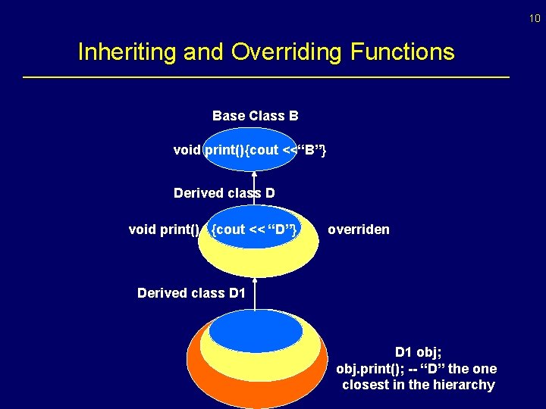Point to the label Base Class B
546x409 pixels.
(x=255, y=116)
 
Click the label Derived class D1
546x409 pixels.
(x=191, y=292)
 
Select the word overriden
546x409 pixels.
(x=359, y=229)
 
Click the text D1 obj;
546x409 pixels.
(x=418, y=353)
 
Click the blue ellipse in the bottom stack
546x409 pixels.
(x=256, y=332)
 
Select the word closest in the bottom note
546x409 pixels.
(x=365, y=385)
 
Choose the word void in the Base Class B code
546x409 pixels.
(x=186, y=150)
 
